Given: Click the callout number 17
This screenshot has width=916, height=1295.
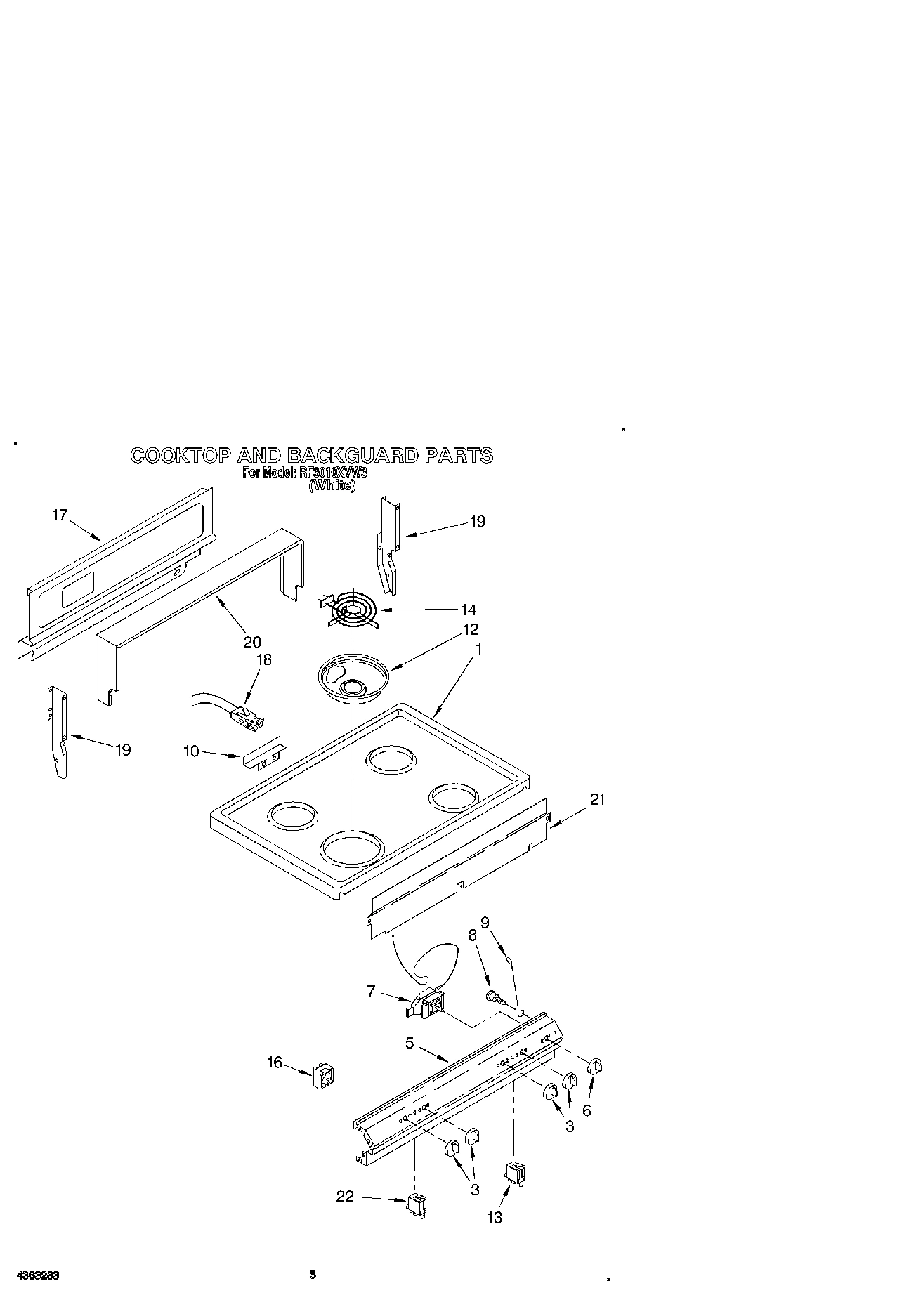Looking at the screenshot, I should pyautogui.click(x=60, y=515).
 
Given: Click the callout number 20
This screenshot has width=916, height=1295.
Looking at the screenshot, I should pyautogui.click(x=252, y=641).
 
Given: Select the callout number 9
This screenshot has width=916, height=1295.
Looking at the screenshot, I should pyautogui.click(x=485, y=923).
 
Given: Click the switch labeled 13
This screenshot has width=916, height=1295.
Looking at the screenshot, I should pyautogui.click(x=516, y=1173).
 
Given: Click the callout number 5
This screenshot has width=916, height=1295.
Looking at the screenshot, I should pyautogui.click(x=410, y=1044).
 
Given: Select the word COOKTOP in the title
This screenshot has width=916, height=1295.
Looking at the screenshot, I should pyautogui.click(x=180, y=455).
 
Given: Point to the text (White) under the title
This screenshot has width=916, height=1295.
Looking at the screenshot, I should pyautogui.click(x=332, y=485).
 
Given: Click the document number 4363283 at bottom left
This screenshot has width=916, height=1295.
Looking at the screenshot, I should pyautogui.click(x=34, y=1275).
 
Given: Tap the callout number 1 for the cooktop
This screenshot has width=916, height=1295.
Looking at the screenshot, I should pyautogui.click(x=478, y=649).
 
